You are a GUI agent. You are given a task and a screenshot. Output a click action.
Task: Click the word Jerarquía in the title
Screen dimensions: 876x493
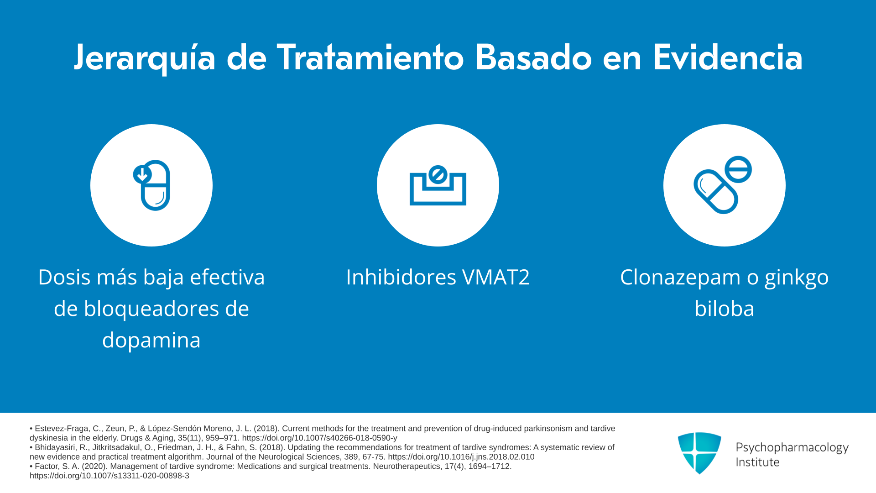click(x=145, y=58)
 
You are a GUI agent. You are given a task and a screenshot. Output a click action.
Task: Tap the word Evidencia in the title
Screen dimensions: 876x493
click(x=727, y=58)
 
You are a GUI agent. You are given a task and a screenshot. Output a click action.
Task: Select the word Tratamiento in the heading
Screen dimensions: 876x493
click(x=370, y=58)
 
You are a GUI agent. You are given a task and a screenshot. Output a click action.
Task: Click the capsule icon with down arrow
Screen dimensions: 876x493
click(x=151, y=185)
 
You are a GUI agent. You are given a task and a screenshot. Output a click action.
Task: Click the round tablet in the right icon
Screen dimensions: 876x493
click(x=738, y=169)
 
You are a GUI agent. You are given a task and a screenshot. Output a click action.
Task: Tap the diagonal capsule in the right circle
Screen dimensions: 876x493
click(x=716, y=192)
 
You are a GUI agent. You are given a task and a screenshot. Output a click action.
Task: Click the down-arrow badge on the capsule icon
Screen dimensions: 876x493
click(x=142, y=174)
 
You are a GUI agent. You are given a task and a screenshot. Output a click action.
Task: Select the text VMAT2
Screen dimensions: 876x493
click(x=496, y=277)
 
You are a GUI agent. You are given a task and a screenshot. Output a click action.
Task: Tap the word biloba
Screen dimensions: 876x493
click(x=725, y=309)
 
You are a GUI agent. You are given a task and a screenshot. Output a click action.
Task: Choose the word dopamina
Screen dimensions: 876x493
click(x=151, y=341)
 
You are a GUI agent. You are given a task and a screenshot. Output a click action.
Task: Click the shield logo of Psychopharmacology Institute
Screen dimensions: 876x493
click(x=699, y=453)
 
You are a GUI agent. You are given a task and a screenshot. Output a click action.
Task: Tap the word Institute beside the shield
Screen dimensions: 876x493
click(x=757, y=462)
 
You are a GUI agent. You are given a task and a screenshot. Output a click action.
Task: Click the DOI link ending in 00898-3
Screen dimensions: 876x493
click(x=109, y=476)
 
